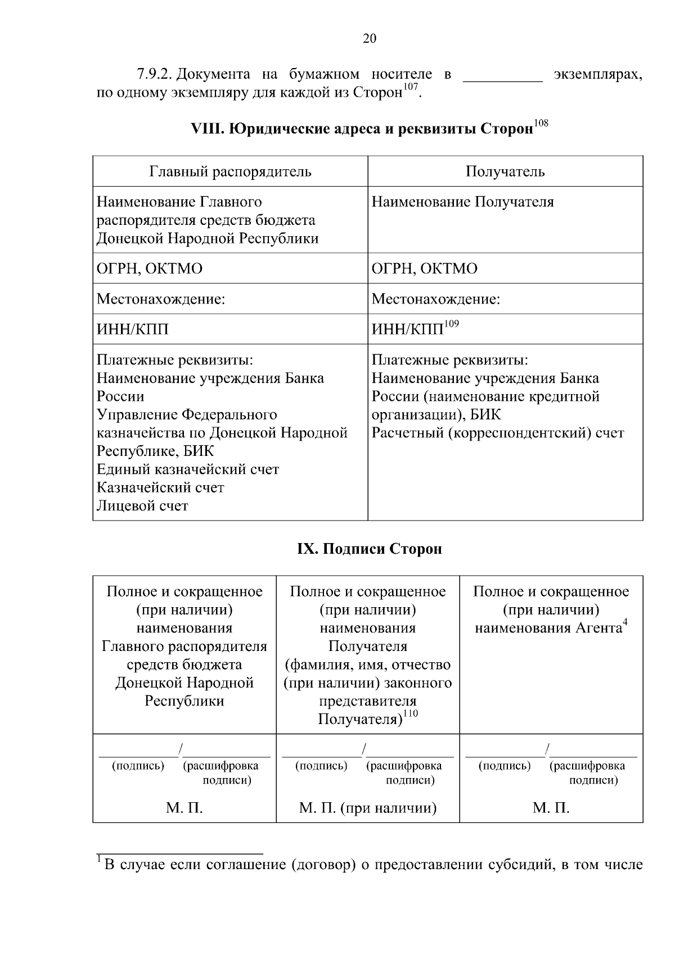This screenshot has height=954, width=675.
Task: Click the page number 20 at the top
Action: click(370, 38)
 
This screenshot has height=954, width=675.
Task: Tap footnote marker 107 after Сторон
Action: click(412, 87)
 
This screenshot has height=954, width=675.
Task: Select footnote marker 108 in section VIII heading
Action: click(541, 123)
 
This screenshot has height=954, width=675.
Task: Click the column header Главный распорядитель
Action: click(230, 171)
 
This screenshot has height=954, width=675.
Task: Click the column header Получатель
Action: click(505, 171)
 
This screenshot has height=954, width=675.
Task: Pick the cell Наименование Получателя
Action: click(462, 202)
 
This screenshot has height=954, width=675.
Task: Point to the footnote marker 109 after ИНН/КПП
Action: click(452, 324)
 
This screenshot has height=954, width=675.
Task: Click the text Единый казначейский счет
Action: click(188, 469)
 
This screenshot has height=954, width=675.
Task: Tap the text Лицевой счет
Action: click(142, 506)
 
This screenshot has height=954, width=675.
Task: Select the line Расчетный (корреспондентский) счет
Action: click(498, 433)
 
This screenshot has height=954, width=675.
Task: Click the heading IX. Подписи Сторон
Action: click(370, 549)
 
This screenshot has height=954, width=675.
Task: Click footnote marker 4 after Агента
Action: click(625, 622)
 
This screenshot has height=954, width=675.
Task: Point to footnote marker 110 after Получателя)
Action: click(411, 714)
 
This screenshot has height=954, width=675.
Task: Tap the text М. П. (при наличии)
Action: click(368, 808)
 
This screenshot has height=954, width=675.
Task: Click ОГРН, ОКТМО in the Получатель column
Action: click(424, 269)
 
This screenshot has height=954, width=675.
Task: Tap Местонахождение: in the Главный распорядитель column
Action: click(161, 299)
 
